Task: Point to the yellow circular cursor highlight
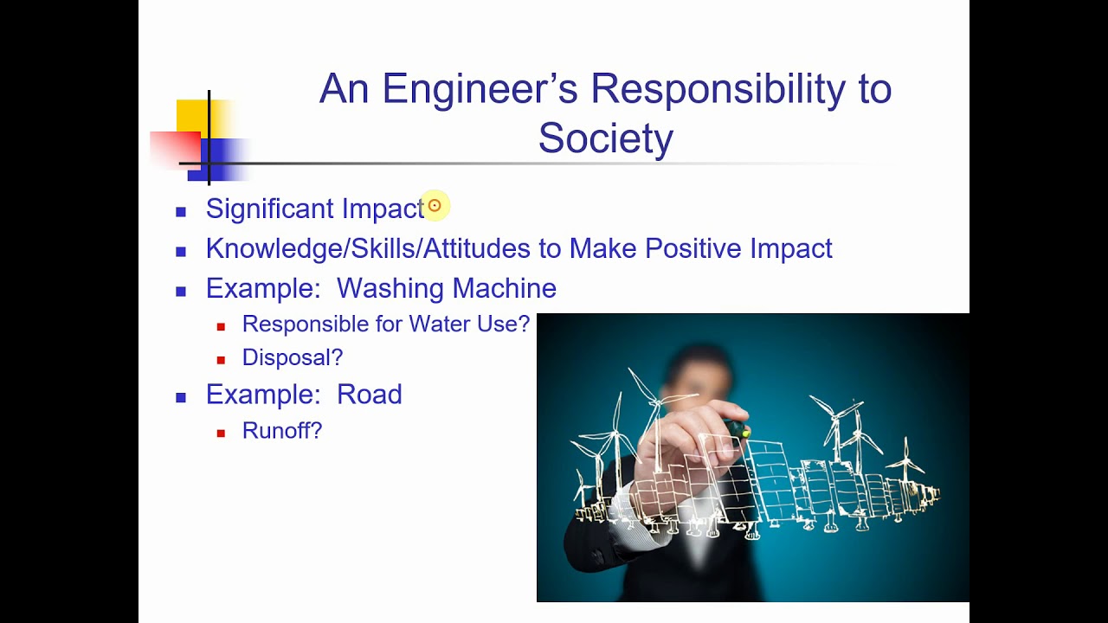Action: (x=435, y=206)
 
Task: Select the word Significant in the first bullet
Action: (x=270, y=209)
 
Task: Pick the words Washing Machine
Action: (x=446, y=288)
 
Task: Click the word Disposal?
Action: (x=292, y=357)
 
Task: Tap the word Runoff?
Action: (x=281, y=431)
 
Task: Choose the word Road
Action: (x=369, y=395)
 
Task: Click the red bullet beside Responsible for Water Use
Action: (x=222, y=326)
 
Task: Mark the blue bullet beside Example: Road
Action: (x=181, y=398)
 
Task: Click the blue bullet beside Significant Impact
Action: (x=181, y=211)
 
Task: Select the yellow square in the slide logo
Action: (x=192, y=115)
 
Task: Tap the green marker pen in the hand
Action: (x=737, y=427)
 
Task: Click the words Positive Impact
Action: (x=738, y=249)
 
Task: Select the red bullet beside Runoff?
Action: (x=222, y=433)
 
